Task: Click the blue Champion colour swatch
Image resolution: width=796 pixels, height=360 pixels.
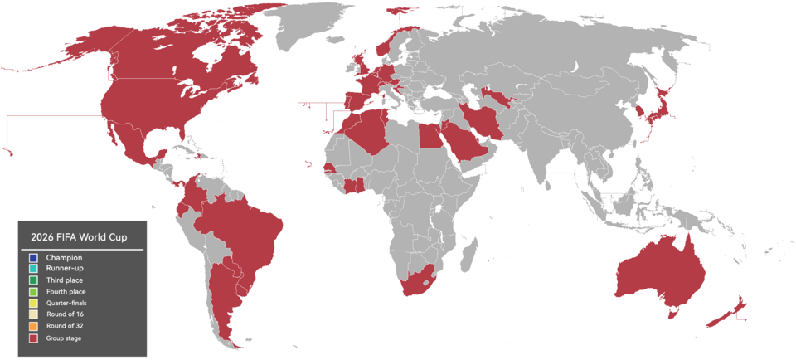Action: click(x=33, y=258)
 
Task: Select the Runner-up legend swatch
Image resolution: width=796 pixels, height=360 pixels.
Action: click(x=33, y=269)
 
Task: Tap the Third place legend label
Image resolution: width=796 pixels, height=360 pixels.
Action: click(x=65, y=280)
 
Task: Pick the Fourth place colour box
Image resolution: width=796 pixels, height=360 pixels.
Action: click(x=33, y=292)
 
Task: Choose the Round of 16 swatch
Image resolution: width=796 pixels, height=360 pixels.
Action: click(x=33, y=315)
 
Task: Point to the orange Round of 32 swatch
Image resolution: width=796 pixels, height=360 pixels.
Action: click(x=33, y=326)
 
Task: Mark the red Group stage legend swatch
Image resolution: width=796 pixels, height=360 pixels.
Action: click(x=33, y=338)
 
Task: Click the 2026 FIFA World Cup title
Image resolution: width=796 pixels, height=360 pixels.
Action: click(x=79, y=236)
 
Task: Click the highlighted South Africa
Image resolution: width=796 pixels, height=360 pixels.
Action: click(x=419, y=282)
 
